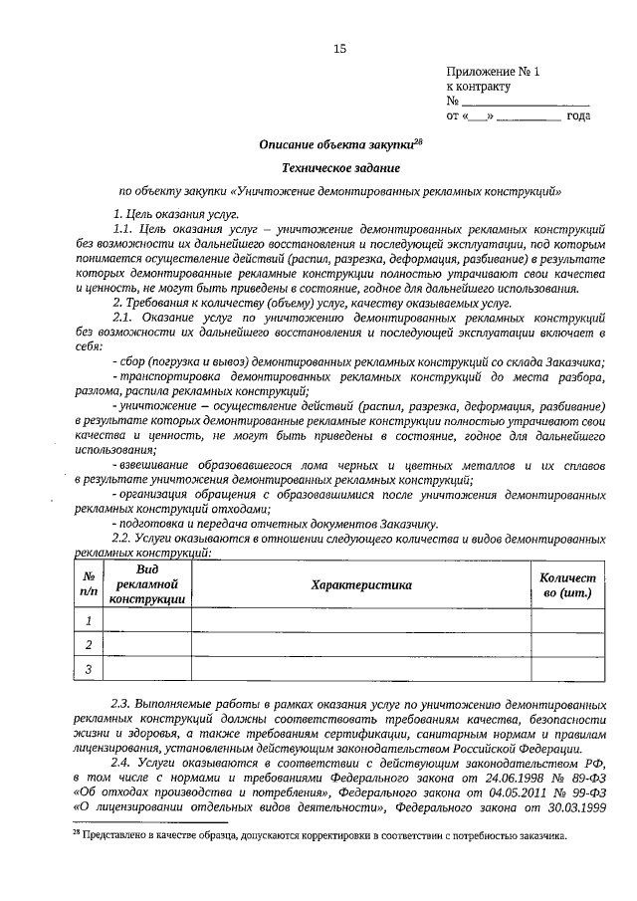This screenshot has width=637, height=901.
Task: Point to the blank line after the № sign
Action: (525, 102)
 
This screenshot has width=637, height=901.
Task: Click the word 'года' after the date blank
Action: (578, 116)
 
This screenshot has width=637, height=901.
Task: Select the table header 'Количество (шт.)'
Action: (567, 585)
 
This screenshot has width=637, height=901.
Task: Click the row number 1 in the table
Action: (89, 621)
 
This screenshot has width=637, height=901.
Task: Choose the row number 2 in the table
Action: (89, 645)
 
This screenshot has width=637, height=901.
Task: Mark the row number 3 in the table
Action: (89, 670)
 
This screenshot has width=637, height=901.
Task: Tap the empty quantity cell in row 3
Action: (567, 670)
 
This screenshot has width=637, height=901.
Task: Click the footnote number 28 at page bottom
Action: (75, 832)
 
